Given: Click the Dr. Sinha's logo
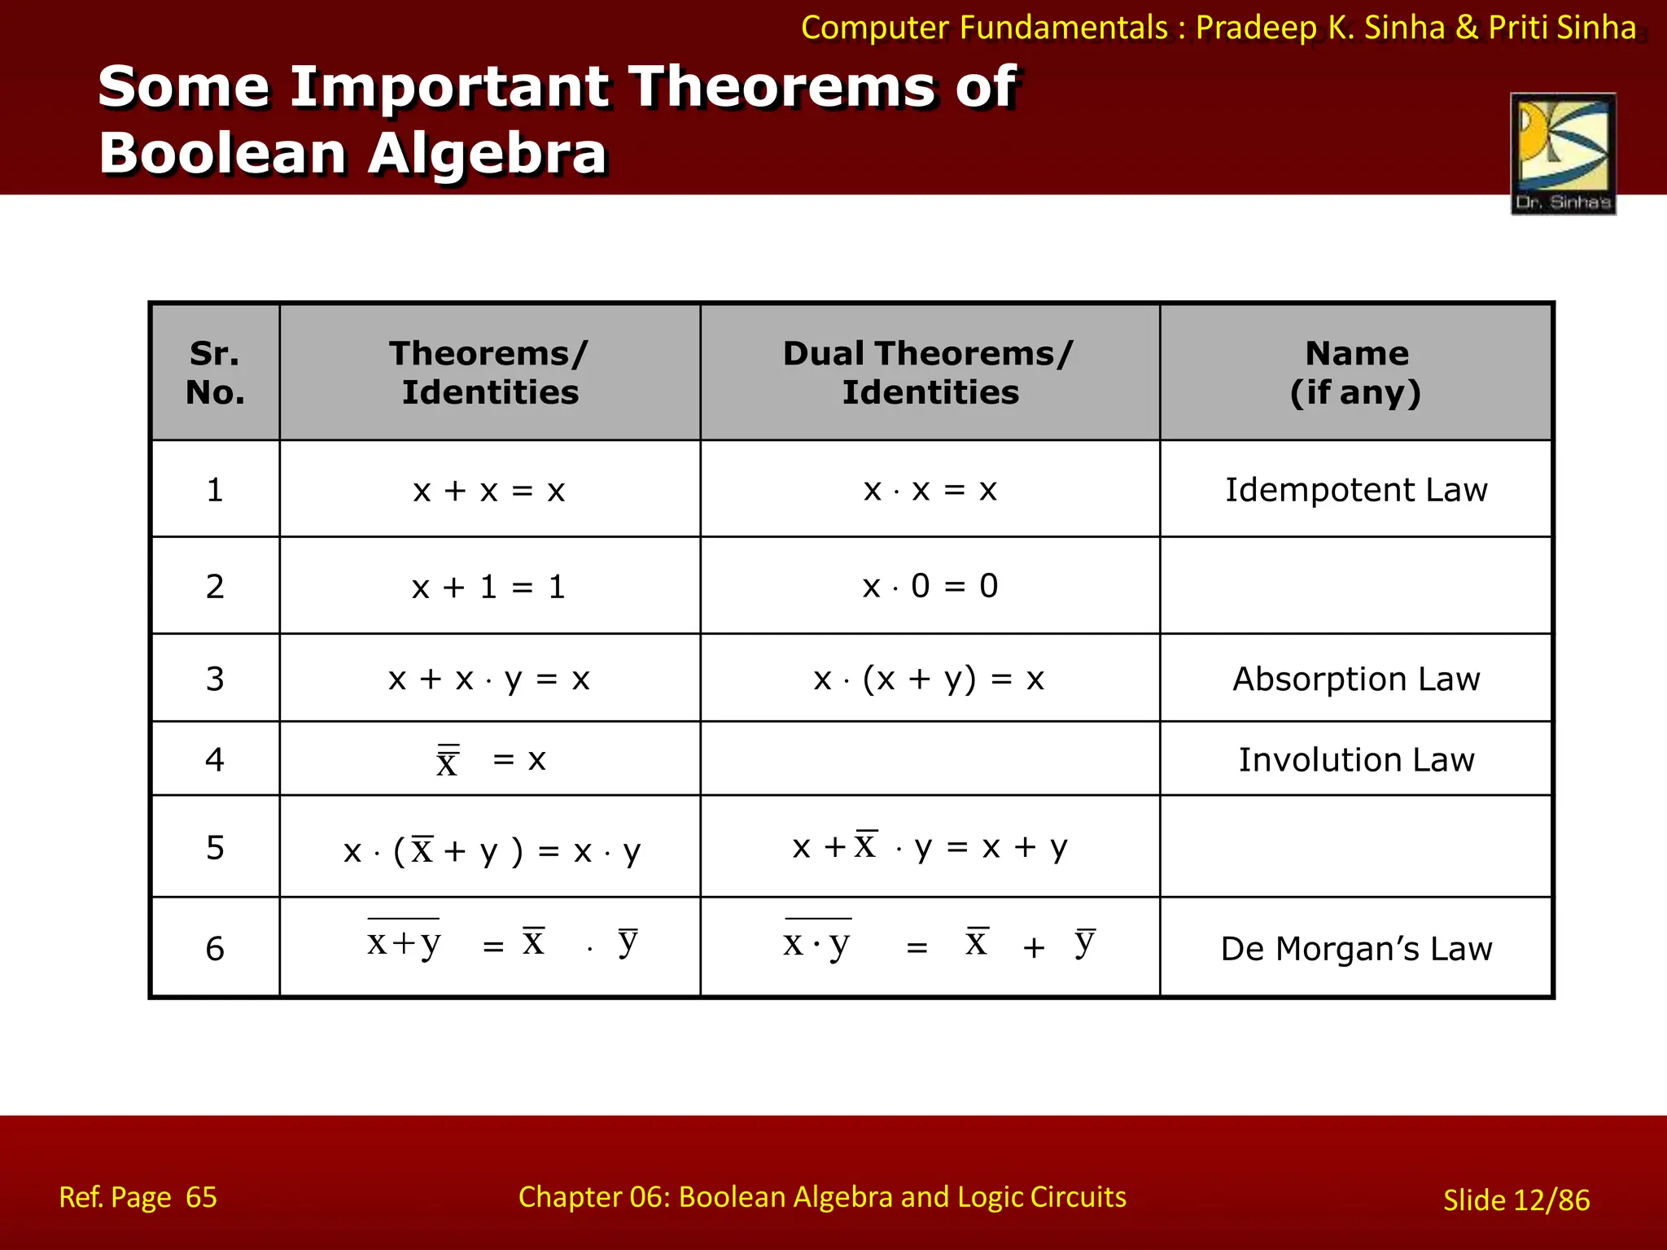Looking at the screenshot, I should coord(1563,154).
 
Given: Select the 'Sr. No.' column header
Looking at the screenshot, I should coord(215,373).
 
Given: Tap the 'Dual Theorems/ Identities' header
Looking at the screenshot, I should coord(930,373).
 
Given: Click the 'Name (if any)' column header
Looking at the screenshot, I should coord(1356,373).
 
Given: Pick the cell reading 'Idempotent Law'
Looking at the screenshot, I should coord(1356,490).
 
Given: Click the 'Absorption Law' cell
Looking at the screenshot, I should coord(1356,679).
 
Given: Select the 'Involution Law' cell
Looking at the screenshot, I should coord(1356,759).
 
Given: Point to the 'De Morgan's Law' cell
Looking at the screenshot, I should coord(1356,949).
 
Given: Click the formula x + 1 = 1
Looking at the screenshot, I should coord(488,587).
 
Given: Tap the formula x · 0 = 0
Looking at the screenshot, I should coord(930,586).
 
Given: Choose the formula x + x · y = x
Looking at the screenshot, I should coord(488,679).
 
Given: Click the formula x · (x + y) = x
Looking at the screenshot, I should coord(928,679).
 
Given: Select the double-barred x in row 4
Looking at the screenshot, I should coord(448,762).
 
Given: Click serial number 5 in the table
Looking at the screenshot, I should coord(215,848).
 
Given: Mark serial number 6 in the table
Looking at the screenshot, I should coord(215,949).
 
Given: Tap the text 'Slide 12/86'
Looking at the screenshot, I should coord(1516,1200).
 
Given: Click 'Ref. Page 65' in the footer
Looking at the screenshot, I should coord(138,1197).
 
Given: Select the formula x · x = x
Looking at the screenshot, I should coord(930,490).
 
